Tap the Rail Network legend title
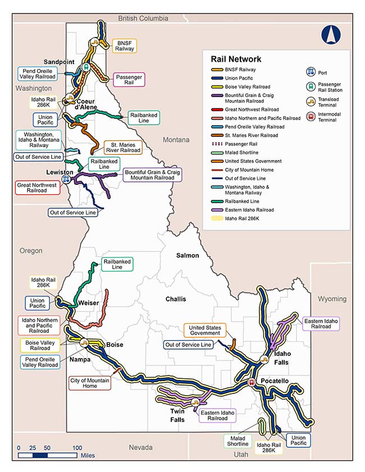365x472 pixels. [236, 59]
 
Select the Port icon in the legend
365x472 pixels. [310, 72]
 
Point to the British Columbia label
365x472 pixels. [143, 19]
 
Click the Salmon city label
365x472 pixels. [188, 255]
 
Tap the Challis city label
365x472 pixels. [175, 299]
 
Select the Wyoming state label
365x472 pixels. [332, 299]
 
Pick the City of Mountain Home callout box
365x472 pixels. [90, 383]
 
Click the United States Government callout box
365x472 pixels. [205, 330]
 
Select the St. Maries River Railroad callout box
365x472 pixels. [122, 147]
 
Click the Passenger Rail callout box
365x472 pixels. [129, 79]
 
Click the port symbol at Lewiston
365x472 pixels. [66, 179]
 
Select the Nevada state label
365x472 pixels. [140, 447]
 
